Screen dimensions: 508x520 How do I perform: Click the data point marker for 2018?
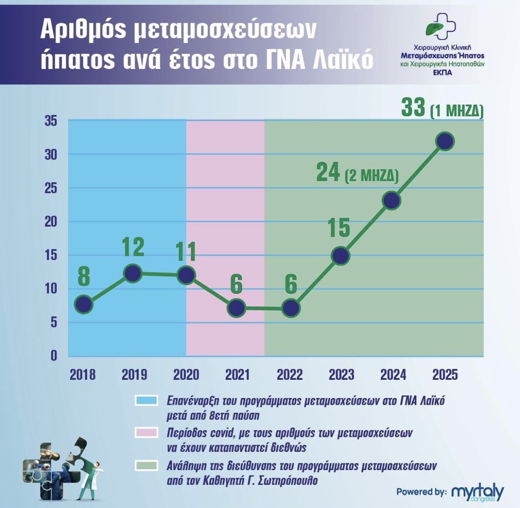pyautogui.click(x=84, y=305)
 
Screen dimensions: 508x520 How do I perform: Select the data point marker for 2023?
pyautogui.click(x=340, y=256)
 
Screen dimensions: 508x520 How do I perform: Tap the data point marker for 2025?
pyautogui.click(x=445, y=141)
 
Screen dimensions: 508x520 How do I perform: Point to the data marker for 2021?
pyautogui.click(x=236, y=308)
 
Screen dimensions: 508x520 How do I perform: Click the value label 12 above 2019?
pyautogui.click(x=133, y=247)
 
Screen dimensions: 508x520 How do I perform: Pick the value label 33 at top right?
pyautogui.click(x=413, y=107)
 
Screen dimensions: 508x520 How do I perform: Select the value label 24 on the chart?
pyautogui.click(x=328, y=172)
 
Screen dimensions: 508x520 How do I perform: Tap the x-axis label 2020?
pyautogui.click(x=186, y=375)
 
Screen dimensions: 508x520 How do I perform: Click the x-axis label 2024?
pyautogui.click(x=393, y=375)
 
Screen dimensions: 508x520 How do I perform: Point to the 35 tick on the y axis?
pyautogui.click(x=51, y=121)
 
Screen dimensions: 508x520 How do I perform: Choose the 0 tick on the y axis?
pyautogui.click(x=54, y=356)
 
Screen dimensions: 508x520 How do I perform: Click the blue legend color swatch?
pyautogui.click(x=146, y=400)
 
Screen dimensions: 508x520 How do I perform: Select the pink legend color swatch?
pyautogui.click(x=146, y=432)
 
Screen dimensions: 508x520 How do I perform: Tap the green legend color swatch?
pyautogui.click(x=146, y=466)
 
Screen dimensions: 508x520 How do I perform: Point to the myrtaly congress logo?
pyautogui.click(x=477, y=492)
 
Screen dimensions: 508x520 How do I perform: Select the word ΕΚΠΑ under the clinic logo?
pyautogui.click(x=442, y=73)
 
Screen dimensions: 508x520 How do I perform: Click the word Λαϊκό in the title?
pyautogui.click(x=343, y=60)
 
